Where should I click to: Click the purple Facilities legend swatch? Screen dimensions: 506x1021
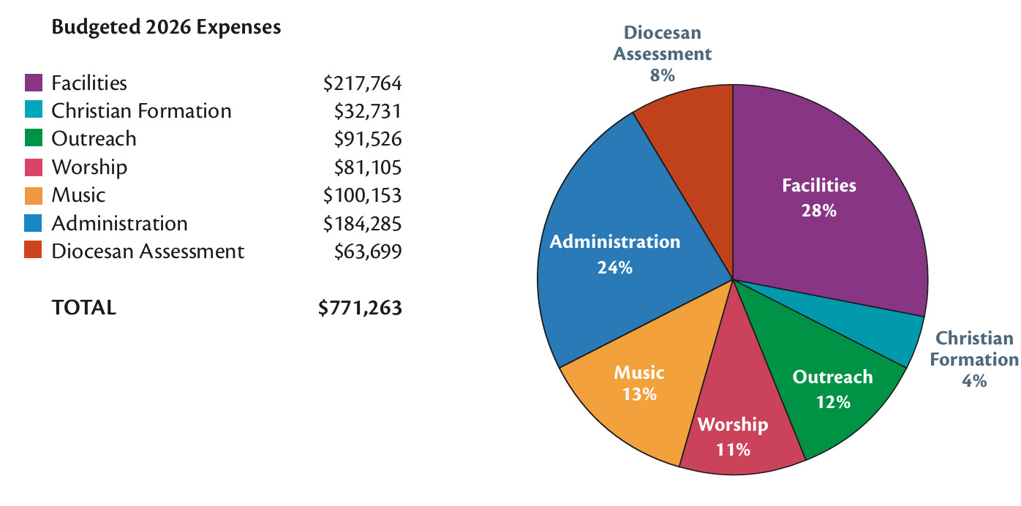click(34, 83)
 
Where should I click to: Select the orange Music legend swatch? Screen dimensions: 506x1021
click(34, 195)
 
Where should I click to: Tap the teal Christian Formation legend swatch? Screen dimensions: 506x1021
click(34, 110)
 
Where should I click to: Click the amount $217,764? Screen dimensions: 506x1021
click(363, 83)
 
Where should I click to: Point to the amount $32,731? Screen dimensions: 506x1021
click(368, 111)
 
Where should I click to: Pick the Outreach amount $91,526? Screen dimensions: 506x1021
click(368, 139)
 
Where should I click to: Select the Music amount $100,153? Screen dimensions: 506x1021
click(363, 195)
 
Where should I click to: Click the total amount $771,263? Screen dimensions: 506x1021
click(361, 308)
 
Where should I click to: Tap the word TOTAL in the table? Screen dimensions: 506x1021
click(83, 308)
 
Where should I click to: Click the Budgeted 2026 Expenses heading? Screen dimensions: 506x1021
click(166, 28)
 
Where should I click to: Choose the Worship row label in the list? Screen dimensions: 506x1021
click(89, 167)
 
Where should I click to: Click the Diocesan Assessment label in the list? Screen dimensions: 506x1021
click(148, 252)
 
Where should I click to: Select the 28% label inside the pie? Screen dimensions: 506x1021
click(819, 211)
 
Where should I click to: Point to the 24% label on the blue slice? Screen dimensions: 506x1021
click(614, 268)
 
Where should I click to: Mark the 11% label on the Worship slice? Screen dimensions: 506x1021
click(733, 449)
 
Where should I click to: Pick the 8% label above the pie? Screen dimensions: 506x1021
click(662, 75)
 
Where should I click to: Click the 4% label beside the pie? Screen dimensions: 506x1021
click(974, 380)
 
